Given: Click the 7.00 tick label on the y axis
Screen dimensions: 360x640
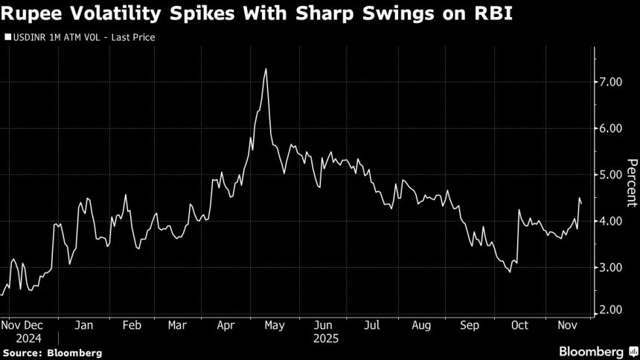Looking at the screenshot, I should point(615,82).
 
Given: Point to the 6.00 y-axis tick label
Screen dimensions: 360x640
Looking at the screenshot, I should point(615,128).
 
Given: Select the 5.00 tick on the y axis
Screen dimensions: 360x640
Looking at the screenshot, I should point(615,175).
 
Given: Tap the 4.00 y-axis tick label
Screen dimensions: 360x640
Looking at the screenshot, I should point(615,221).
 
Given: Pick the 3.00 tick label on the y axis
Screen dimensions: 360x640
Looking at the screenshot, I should point(615,267).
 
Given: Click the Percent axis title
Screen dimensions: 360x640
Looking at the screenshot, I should point(631,182).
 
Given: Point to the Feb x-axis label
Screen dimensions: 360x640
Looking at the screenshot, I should point(131,325).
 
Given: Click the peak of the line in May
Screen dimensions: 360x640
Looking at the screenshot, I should point(266,69).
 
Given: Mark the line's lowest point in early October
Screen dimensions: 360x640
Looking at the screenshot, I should point(510,272).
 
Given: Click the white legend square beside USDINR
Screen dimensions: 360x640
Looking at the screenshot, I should point(7,36).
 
